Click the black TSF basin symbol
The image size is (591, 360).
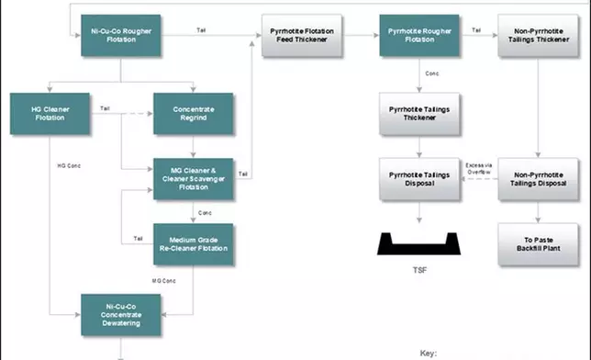419,243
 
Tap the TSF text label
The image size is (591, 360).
419,271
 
